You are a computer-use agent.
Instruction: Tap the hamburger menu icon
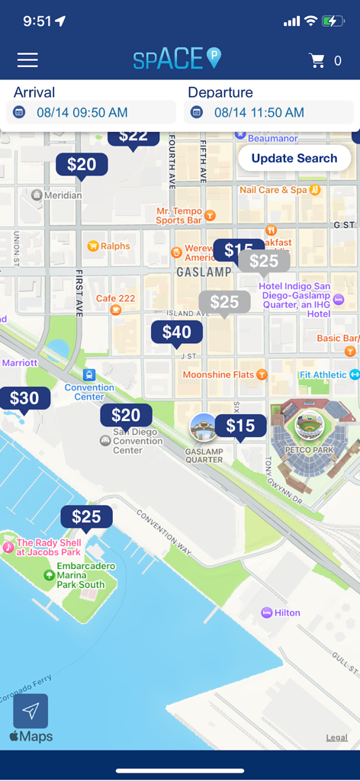[27, 59]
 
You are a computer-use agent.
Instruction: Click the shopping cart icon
[317, 60]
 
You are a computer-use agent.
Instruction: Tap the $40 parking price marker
[177, 332]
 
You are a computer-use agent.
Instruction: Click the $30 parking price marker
[24, 397]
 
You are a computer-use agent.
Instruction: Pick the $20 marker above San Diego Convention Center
[126, 415]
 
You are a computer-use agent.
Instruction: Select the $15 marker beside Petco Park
[240, 426]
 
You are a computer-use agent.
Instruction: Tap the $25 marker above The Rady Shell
[86, 516]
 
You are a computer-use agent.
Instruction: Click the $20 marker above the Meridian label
[82, 164]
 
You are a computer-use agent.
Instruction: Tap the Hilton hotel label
[287, 612]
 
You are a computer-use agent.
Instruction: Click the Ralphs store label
[114, 246]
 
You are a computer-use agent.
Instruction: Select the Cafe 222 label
[115, 298]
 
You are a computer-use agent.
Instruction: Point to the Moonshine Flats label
[218, 374]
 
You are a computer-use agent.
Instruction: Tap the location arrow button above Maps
[31, 711]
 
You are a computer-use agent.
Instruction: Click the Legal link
[336, 738]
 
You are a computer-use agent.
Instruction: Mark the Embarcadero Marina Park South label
[81, 575]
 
